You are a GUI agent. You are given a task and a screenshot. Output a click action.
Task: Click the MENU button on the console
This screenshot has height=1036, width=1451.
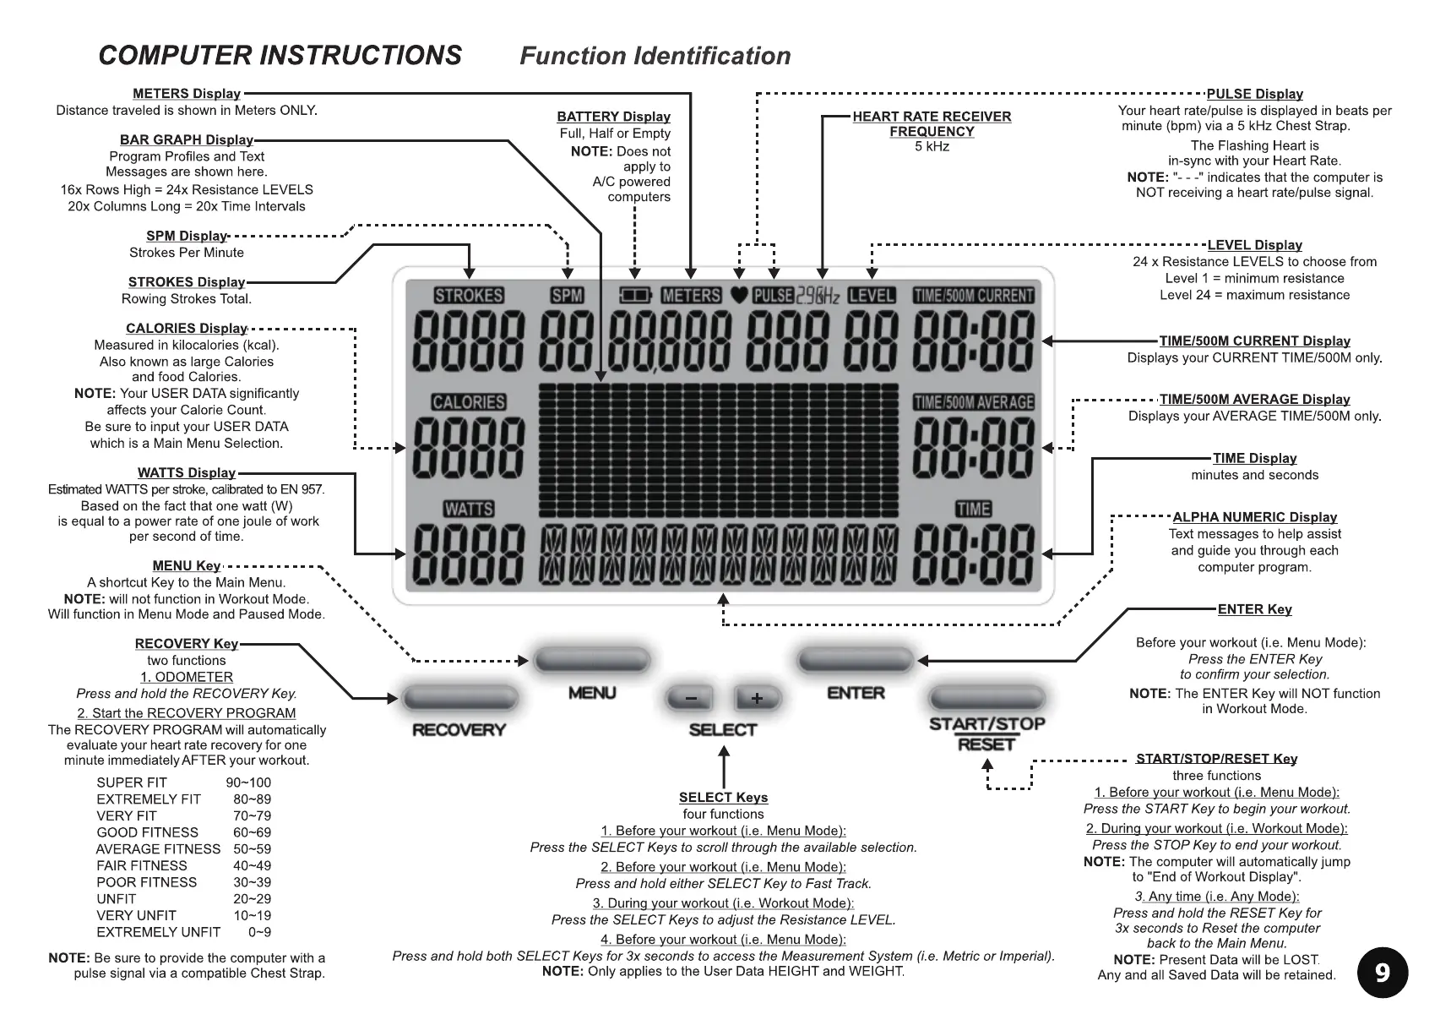(x=591, y=660)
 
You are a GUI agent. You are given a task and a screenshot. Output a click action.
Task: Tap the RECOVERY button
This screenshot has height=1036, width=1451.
(x=459, y=698)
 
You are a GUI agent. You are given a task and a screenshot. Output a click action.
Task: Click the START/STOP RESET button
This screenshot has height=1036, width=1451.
(x=986, y=698)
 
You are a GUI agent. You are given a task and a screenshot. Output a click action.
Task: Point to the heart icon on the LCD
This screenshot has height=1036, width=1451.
(x=739, y=296)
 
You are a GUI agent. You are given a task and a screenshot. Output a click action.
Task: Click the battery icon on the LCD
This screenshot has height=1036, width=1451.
(x=635, y=296)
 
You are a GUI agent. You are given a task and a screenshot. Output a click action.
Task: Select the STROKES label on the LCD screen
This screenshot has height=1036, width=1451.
(x=469, y=296)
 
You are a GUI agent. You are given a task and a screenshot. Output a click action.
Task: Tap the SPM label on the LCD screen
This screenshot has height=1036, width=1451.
(x=567, y=296)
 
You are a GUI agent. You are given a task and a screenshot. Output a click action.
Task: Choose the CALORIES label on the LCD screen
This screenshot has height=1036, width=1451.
(x=469, y=402)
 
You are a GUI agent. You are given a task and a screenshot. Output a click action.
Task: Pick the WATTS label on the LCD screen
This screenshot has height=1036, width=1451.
(x=469, y=509)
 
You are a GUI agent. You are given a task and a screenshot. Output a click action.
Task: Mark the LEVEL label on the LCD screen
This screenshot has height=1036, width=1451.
(x=872, y=296)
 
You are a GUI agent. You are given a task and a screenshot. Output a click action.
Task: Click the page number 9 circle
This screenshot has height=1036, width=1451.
(x=1382, y=973)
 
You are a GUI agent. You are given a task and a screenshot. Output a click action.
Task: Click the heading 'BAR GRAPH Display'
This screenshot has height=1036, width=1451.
(x=187, y=139)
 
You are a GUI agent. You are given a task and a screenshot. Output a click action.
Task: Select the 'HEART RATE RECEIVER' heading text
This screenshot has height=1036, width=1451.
(x=932, y=117)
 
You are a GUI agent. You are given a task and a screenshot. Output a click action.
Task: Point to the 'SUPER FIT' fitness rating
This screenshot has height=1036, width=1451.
(x=132, y=782)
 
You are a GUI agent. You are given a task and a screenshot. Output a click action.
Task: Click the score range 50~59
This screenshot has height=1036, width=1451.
(x=252, y=849)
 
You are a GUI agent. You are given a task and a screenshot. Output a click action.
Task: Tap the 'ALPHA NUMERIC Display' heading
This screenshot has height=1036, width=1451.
(x=1254, y=517)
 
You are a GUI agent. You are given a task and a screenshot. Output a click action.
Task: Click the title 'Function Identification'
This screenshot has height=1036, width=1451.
(x=655, y=56)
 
